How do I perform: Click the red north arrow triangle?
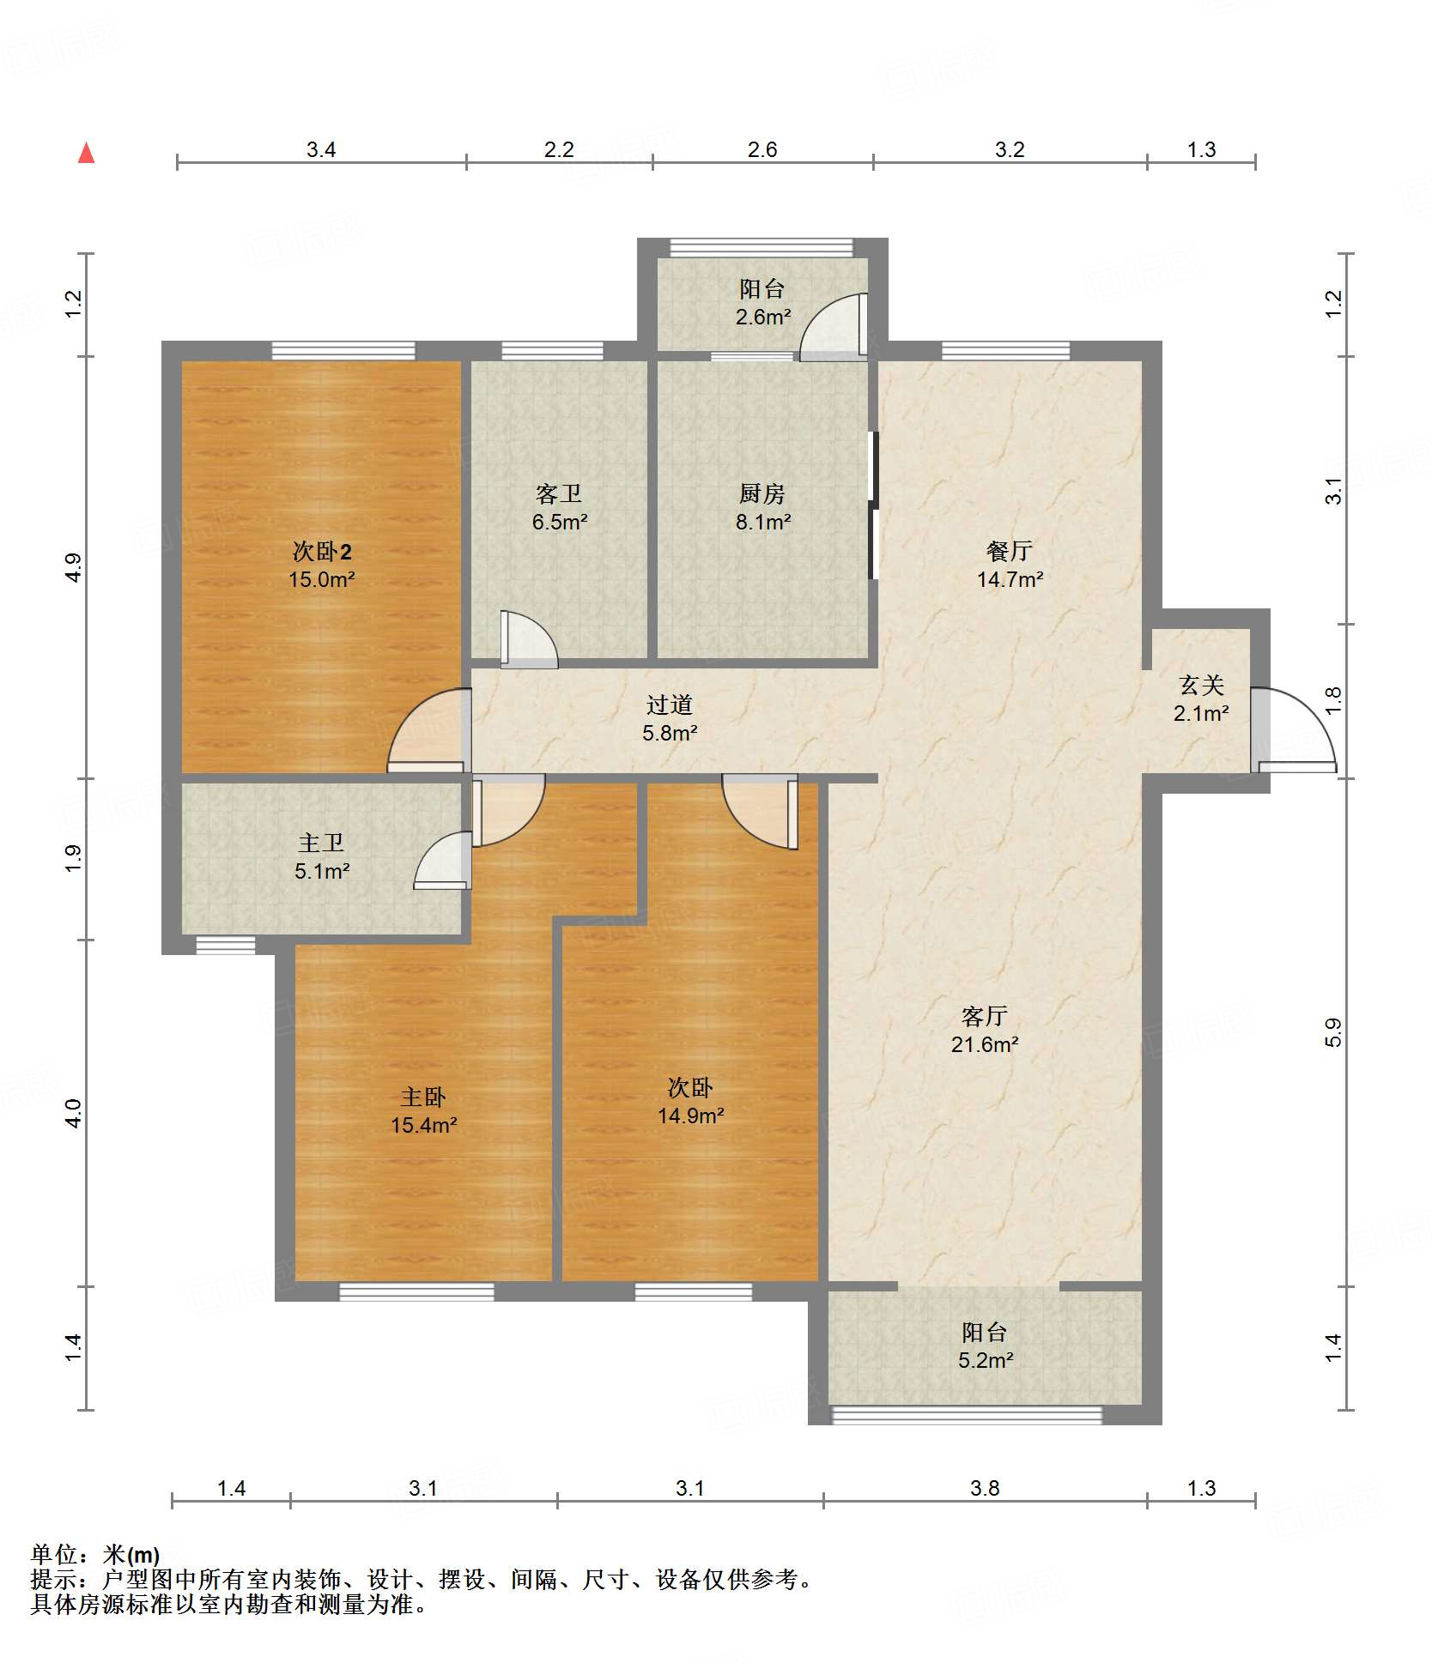coord(86,154)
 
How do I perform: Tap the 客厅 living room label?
coord(984,1017)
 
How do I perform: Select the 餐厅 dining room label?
coord(1010,551)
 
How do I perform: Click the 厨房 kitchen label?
coord(762,493)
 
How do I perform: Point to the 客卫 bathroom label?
coord(559,493)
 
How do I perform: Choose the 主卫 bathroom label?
coord(321,844)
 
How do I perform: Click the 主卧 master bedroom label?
coord(423,1097)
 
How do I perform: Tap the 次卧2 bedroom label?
coord(322,551)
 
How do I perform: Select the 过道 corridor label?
coord(670,705)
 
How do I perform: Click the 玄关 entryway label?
coord(1201,685)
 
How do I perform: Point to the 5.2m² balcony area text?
coord(986,1360)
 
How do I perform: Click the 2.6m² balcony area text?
coord(763,317)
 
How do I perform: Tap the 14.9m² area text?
coord(691,1116)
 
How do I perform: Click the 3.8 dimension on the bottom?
coord(985,1488)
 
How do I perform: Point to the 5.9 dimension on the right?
coord(1332,1032)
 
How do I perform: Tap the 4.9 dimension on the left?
coord(74,567)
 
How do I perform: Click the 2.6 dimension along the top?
coord(762,149)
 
